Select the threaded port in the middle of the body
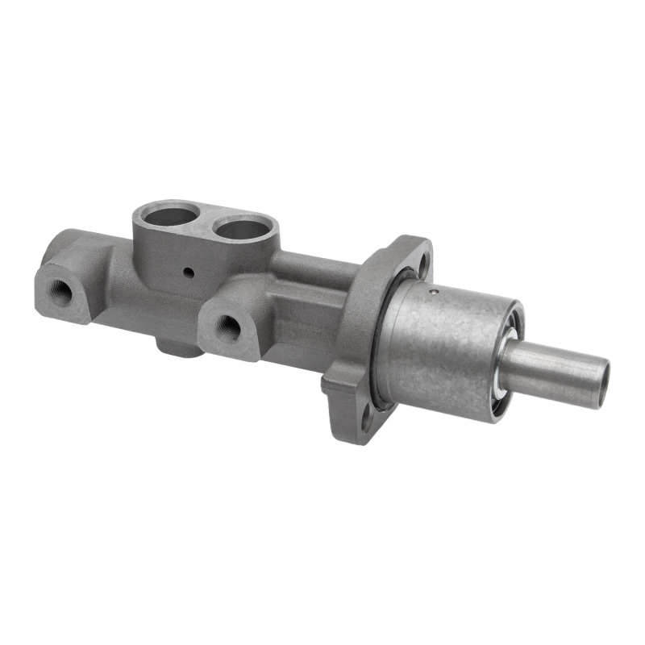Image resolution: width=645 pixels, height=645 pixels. [228, 326]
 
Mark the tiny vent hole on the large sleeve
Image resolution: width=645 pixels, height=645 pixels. [433, 292]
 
